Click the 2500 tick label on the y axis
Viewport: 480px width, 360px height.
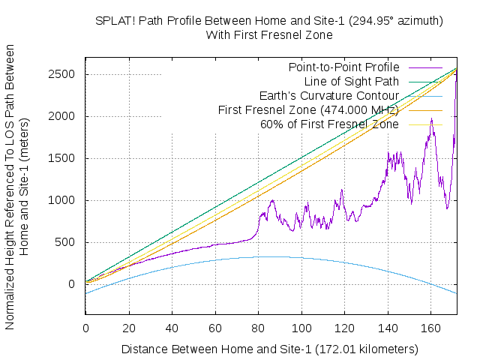click(x=66, y=74)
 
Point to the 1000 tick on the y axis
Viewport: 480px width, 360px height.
click(x=66, y=200)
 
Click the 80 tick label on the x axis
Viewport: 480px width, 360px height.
click(x=258, y=328)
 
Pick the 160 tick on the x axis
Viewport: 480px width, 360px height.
click(x=430, y=328)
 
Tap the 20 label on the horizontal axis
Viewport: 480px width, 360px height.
click(x=129, y=328)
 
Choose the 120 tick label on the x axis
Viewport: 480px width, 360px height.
click(x=344, y=328)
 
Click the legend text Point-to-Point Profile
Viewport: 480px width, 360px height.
click(x=344, y=67)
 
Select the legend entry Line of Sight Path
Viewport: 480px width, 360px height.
click(x=352, y=82)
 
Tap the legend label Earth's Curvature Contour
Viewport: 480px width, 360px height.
click(x=329, y=96)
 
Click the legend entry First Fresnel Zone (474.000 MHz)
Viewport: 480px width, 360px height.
click(x=308, y=110)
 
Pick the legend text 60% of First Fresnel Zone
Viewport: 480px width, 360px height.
click(x=329, y=124)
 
